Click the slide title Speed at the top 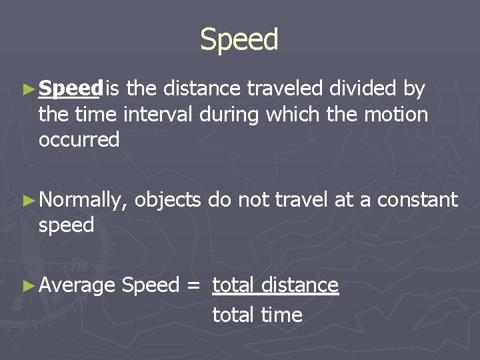click(239, 40)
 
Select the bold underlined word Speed click(70, 88)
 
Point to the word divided click(364, 88)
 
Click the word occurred click(79, 140)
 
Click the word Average click(77, 286)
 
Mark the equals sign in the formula click(193, 286)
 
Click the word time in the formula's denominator click(281, 315)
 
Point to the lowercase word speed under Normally click(66, 226)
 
